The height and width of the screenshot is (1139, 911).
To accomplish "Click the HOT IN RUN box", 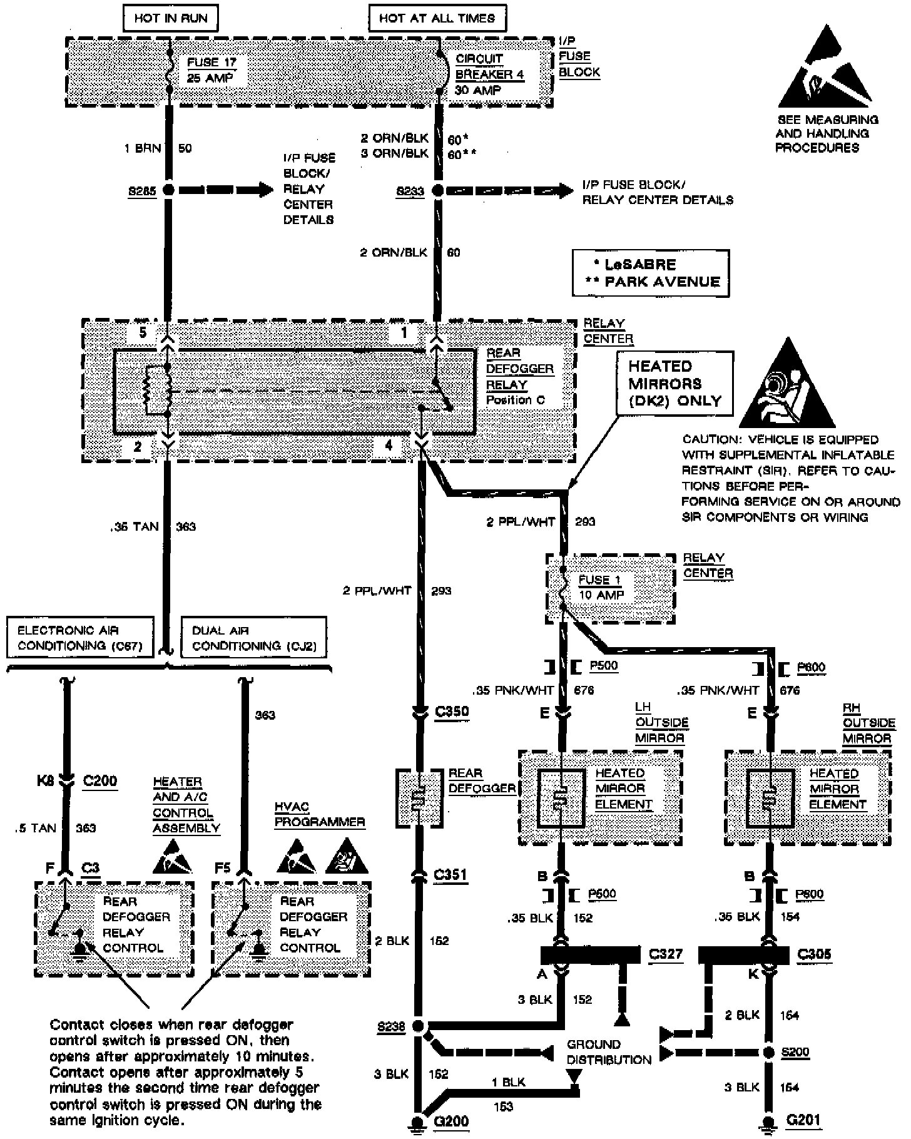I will click(x=171, y=18).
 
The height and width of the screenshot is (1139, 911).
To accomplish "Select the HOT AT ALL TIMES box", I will click(x=437, y=18).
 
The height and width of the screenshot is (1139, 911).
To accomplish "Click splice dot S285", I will click(x=168, y=190).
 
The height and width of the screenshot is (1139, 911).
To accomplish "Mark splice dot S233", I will click(x=437, y=190).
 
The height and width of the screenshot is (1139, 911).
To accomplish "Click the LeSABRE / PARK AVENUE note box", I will click(x=651, y=273).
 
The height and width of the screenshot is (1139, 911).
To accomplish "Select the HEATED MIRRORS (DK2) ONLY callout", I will click(x=674, y=383).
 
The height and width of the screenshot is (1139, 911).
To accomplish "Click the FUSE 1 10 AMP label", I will click(x=600, y=587).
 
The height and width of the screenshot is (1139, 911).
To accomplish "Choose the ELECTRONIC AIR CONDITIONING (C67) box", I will click(x=80, y=638).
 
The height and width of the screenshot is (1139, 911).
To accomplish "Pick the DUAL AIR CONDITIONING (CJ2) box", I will click(x=253, y=638).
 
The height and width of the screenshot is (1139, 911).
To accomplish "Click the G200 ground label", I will click(x=450, y=1121).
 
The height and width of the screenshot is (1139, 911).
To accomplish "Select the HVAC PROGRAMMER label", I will click(x=319, y=814).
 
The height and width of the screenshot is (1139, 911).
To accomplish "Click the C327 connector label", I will click(x=665, y=954).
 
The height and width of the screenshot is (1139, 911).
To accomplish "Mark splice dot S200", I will click(x=770, y=1052).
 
